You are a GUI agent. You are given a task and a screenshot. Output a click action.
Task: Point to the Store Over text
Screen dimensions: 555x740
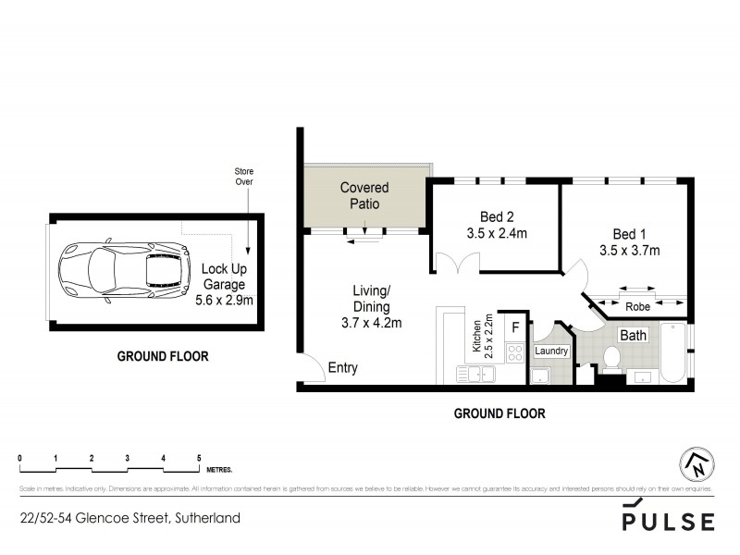click(x=243, y=177)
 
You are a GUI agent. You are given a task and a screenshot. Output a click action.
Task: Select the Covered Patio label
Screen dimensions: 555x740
click(x=364, y=195)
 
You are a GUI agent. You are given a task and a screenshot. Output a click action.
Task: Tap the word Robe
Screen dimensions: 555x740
click(x=637, y=306)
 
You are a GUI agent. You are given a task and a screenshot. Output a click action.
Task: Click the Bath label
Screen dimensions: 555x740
click(x=633, y=335)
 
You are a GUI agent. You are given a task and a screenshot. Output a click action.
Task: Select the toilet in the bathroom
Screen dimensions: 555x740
click(x=610, y=359)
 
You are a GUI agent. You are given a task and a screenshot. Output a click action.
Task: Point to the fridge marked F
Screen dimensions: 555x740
click(x=516, y=327)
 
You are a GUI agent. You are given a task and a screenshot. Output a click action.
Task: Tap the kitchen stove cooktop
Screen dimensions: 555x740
click(x=513, y=351)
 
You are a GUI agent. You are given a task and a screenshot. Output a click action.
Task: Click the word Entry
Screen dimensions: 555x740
click(x=342, y=368)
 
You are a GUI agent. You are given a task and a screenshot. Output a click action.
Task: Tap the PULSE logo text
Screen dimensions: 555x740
click(x=668, y=520)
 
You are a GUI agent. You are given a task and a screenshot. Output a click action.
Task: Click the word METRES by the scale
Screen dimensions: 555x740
click(x=220, y=470)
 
